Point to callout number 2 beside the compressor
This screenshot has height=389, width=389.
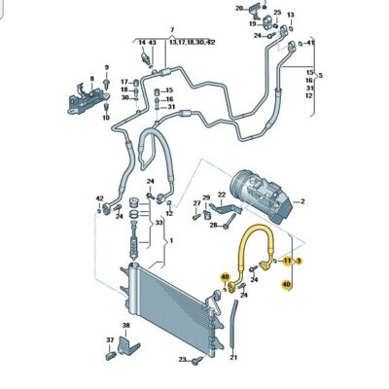click(x=302, y=202)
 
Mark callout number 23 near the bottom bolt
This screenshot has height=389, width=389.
click(x=182, y=360)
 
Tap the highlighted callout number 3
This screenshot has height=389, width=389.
click(x=300, y=262)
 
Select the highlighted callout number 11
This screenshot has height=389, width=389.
click(x=286, y=262)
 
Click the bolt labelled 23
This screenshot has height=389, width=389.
click(x=197, y=361)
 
